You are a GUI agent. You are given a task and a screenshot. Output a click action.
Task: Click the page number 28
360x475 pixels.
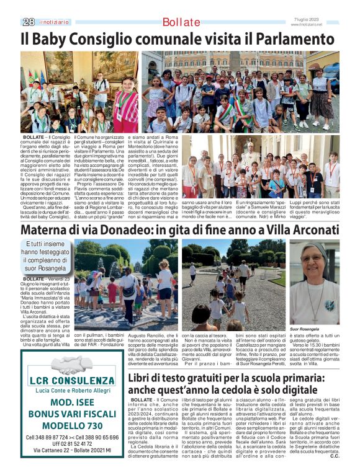pyautogui.click(x=28, y=22)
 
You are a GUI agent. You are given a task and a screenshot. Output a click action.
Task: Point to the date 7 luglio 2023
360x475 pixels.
pyautogui.click(x=308, y=19)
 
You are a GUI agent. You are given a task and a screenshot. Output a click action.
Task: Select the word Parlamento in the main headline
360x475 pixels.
pyautogui.click(x=292, y=40)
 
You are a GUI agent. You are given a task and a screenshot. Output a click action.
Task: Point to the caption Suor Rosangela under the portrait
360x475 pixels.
pyautogui.click(x=304, y=329)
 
